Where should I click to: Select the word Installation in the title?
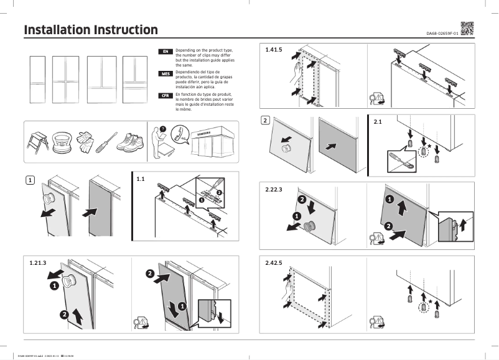click(x=57, y=30)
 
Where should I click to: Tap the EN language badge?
click(x=166, y=51)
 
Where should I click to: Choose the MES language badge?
click(x=166, y=73)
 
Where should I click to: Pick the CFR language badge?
click(x=166, y=95)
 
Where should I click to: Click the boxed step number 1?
click(x=29, y=180)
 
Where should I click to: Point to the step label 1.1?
click(x=141, y=179)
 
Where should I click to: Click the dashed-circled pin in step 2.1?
click(x=424, y=150)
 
